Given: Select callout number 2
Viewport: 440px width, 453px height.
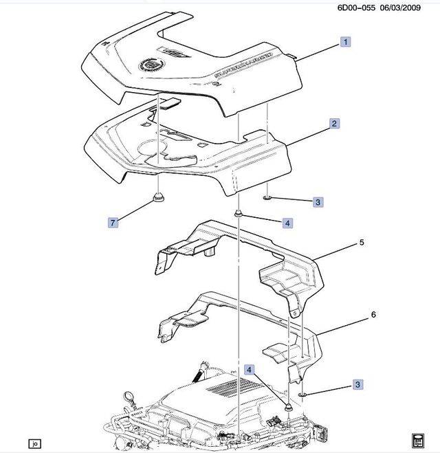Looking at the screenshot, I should click(x=334, y=124).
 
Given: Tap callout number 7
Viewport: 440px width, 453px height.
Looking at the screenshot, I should click(x=113, y=222).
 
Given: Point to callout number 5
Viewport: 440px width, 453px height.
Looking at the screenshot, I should click(x=360, y=243).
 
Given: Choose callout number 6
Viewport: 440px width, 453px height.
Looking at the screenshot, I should click(x=373, y=314).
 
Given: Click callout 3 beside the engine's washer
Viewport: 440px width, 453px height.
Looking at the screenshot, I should click(x=358, y=386).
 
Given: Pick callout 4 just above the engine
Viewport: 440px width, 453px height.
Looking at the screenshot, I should click(x=251, y=370).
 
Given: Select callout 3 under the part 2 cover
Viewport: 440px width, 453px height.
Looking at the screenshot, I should click(x=318, y=202).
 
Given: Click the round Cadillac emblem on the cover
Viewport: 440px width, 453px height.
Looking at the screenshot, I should click(x=150, y=64).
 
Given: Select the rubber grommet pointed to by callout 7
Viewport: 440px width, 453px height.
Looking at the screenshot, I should click(x=157, y=200).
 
